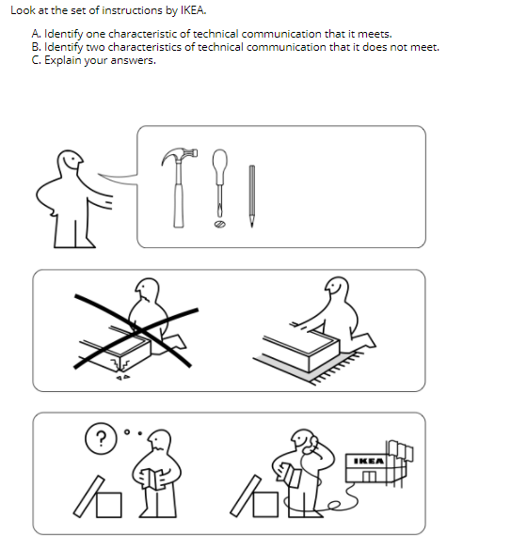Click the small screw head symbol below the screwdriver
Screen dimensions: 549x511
pyautogui.click(x=219, y=227)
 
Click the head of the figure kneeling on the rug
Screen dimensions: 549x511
pyautogui.click(x=336, y=286)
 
